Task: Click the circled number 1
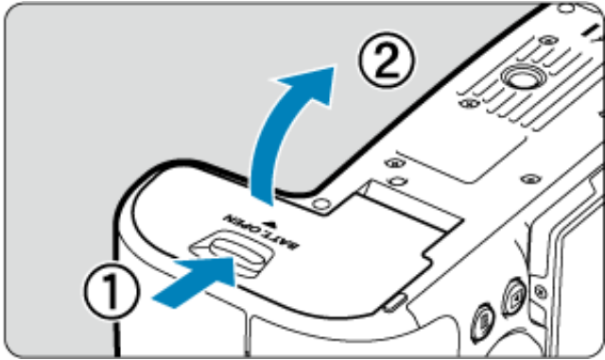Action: (x=112, y=290)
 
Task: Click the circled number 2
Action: (x=387, y=59)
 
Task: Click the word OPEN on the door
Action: (x=242, y=225)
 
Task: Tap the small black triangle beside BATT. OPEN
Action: (x=272, y=223)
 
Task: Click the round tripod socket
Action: (x=524, y=77)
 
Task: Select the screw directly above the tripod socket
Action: (x=548, y=40)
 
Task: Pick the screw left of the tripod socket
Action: (x=469, y=103)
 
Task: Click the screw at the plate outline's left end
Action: (x=395, y=163)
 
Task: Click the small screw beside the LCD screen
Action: (x=541, y=291)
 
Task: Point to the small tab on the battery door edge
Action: (x=395, y=303)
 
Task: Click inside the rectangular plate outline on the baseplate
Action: (x=462, y=159)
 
